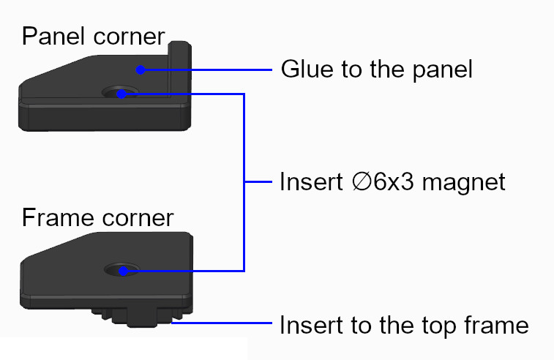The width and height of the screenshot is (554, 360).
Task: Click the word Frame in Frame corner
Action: pyautogui.click(x=52, y=217)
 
